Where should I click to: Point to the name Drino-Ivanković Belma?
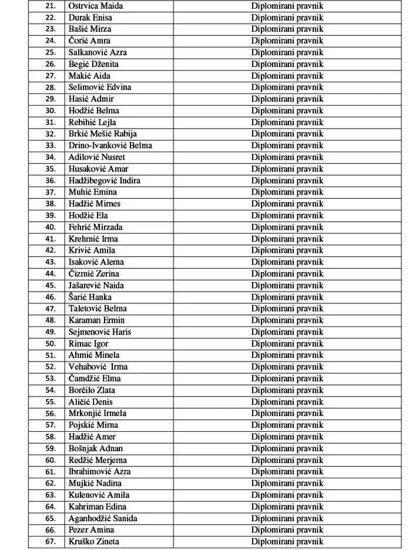pyautogui.click(x=110, y=146)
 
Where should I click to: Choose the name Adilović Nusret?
pyautogui.click(x=97, y=157)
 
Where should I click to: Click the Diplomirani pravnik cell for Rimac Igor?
pyautogui.click(x=287, y=344)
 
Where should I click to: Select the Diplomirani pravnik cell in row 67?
pyautogui.click(x=287, y=542)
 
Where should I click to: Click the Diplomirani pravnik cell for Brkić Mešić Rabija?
pyautogui.click(x=287, y=134)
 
